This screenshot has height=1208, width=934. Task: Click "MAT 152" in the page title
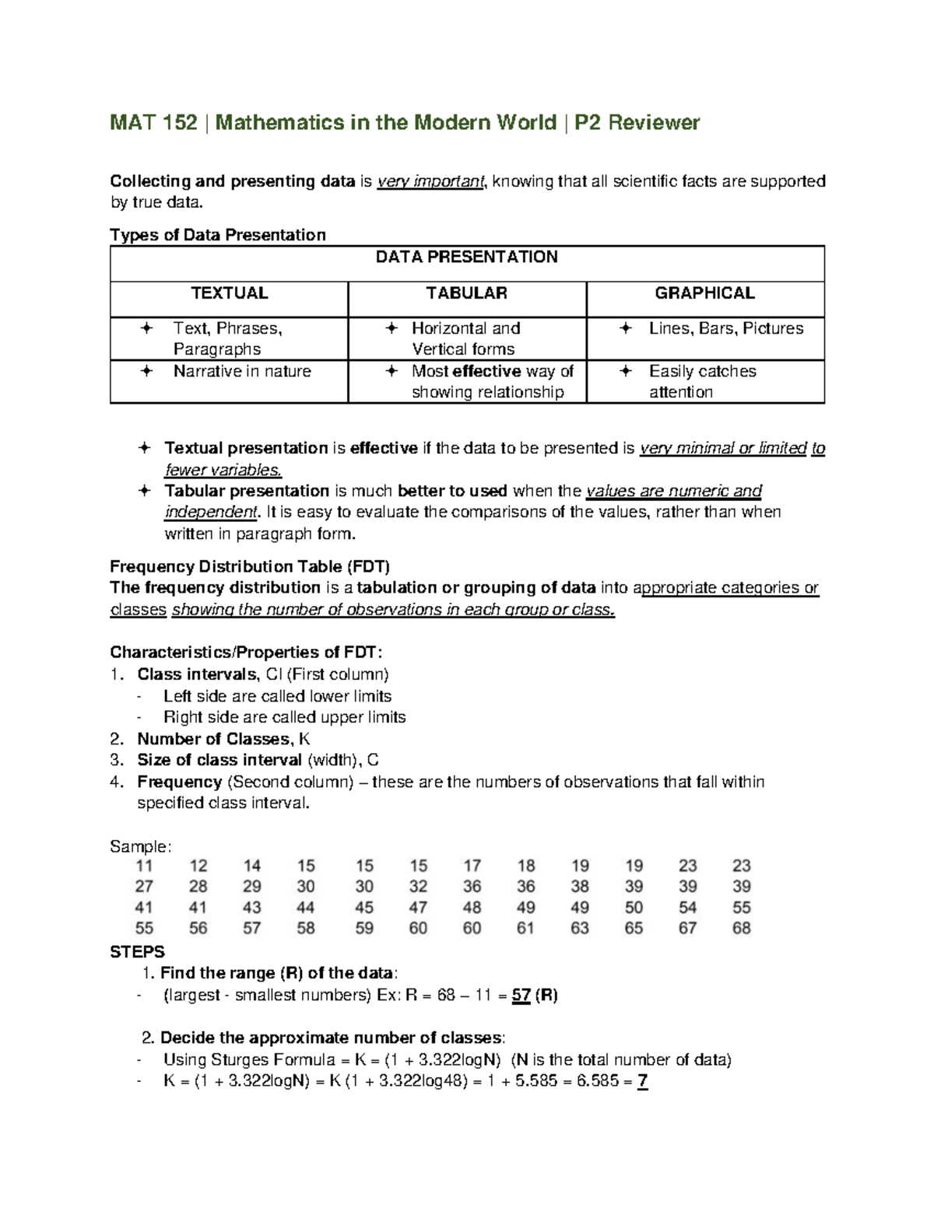153,123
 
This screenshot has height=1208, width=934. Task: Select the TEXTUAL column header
230,293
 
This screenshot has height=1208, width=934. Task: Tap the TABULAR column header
466,293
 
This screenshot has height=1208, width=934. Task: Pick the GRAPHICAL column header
704,293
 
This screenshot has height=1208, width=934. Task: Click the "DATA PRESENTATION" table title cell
466,257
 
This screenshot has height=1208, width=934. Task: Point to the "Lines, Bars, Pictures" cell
725,329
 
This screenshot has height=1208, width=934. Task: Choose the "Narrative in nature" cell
241,372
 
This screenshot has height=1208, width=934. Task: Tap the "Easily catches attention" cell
702,381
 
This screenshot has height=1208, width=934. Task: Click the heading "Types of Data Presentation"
218,235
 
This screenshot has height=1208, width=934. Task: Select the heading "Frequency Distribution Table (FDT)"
250,566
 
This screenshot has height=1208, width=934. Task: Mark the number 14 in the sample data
252,867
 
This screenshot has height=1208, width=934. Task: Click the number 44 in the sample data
306,908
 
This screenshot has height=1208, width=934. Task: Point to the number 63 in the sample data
580,928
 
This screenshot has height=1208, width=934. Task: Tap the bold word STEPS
138,952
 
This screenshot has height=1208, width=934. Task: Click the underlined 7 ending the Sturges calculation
642,1081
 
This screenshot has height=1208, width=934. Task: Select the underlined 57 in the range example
521,996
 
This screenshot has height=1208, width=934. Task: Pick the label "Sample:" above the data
141,846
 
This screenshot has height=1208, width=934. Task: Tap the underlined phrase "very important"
430,182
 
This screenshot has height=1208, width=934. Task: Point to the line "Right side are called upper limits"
284,717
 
